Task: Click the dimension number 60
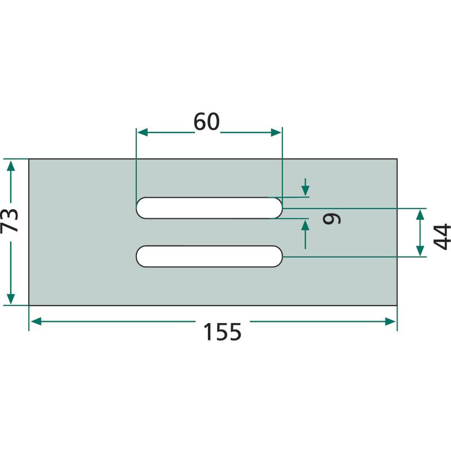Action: pos(206,122)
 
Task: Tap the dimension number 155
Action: pos(222,332)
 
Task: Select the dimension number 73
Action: pos(9,220)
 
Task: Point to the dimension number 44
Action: pos(442,237)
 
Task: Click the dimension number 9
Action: pos(331,219)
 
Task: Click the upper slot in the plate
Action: pos(209,208)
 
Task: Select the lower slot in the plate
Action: pos(209,257)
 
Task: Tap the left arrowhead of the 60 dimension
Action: pos(143,132)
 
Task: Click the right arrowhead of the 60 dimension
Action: pos(276,132)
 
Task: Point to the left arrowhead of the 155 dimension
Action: pos(36,321)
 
